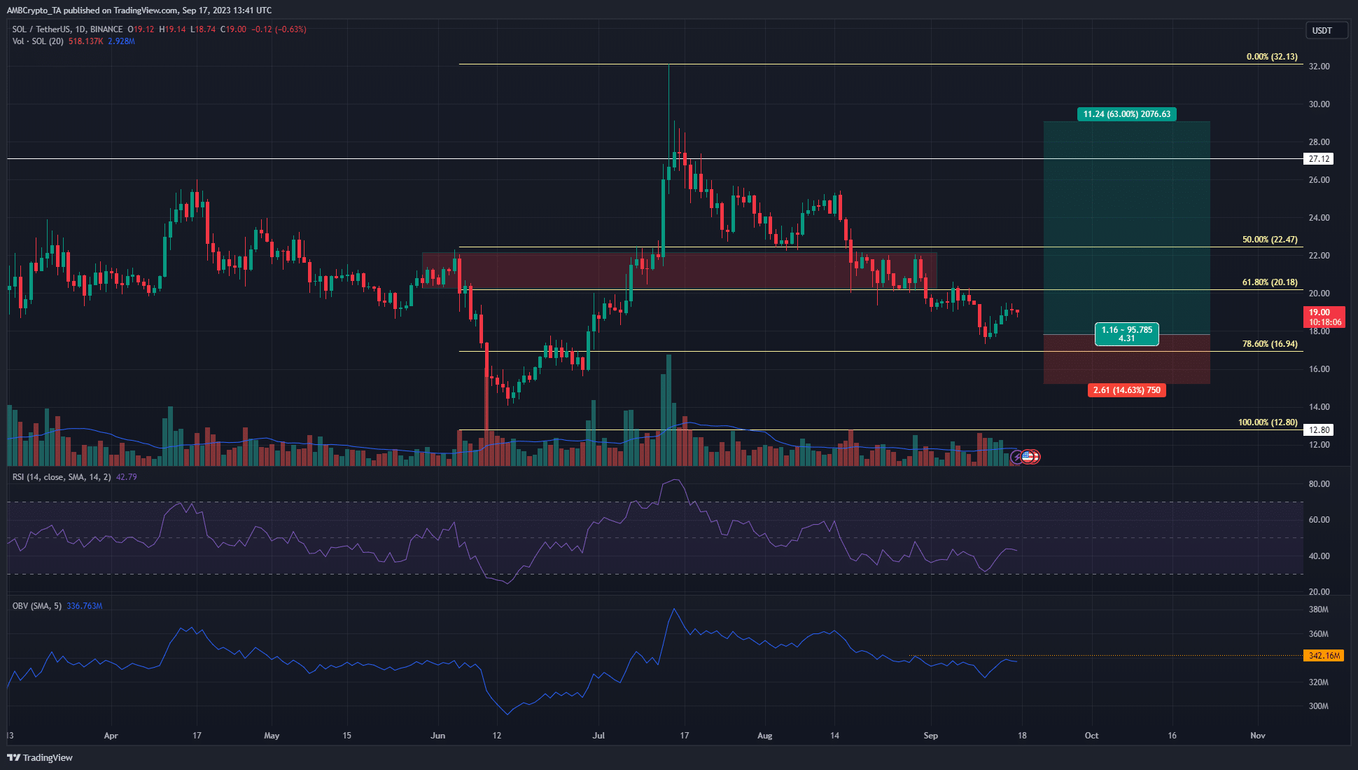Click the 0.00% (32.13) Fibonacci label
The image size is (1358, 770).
(x=1271, y=57)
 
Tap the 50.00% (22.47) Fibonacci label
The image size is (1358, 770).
(x=1269, y=240)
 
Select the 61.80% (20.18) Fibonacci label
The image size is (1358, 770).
(x=1269, y=282)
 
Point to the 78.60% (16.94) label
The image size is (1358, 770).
(x=1269, y=344)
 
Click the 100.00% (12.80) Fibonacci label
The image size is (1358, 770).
(x=1267, y=422)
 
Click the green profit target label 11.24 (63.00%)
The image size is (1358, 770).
(x=1126, y=114)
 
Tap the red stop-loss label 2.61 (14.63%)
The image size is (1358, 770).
(x=1126, y=390)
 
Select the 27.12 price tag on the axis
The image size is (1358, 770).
(x=1319, y=159)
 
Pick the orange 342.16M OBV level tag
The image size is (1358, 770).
(x=1324, y=656)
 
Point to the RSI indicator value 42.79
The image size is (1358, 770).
(x=126, y=477)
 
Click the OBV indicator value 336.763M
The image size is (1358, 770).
(x=84, y=606)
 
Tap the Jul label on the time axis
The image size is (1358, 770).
(x=598, y=736)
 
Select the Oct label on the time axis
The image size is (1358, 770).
(x=1091, y=736)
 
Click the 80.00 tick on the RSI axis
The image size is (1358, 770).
(x=1319, y=484)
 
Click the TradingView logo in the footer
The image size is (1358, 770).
(x=40, y=757)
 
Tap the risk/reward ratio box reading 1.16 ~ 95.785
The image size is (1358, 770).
(x=1126, y=334)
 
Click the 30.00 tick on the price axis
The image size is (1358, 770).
(x=1319, y=104)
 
